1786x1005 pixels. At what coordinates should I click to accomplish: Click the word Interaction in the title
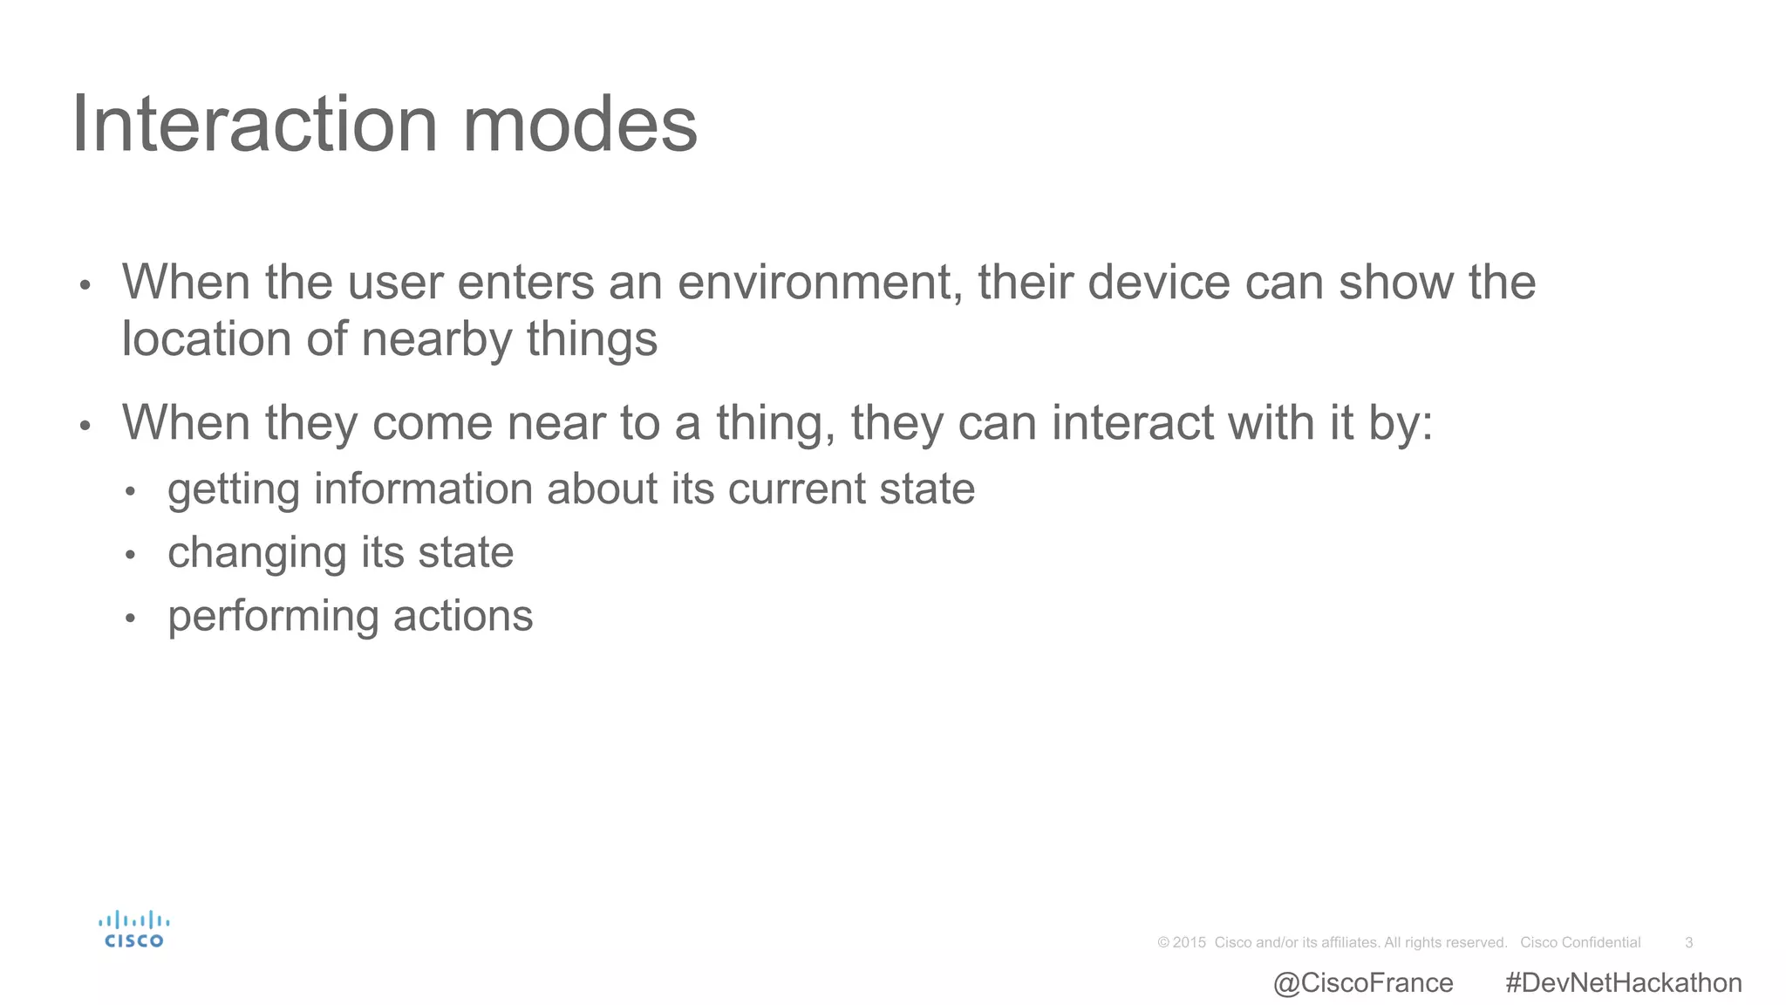[254, 125]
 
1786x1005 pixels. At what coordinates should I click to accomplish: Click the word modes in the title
[580, 125]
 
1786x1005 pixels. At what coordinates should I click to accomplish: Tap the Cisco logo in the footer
[133, 929]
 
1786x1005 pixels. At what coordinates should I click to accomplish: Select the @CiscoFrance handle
[1363, 983]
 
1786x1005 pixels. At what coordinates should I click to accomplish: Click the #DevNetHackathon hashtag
[1623, 983]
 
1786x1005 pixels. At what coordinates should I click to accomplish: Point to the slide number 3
[1688, 942]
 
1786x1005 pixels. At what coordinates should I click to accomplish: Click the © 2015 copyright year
[1182, 942]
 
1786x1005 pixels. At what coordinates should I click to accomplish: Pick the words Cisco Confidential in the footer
[1580, 942]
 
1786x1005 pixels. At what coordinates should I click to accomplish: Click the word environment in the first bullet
[815, 283]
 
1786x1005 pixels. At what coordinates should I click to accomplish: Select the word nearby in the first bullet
[436, 339]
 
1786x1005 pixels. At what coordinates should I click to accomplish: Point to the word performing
[273, 617]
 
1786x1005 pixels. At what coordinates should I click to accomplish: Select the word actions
[463, 616]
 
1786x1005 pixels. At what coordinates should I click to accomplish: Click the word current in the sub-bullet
[797, 489]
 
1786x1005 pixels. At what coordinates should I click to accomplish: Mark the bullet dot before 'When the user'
[85, 285]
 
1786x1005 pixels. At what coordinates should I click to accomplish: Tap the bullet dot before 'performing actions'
[130, 619]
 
